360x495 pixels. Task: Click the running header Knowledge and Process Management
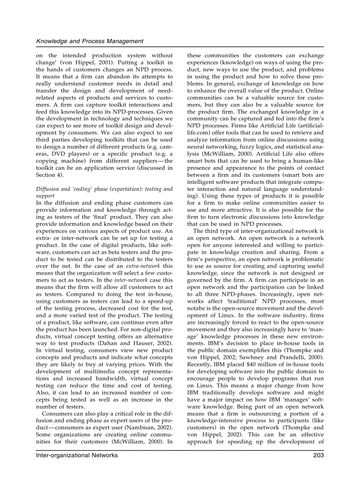(x=90, y=41)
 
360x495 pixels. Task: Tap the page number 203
(x=316, y=455)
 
